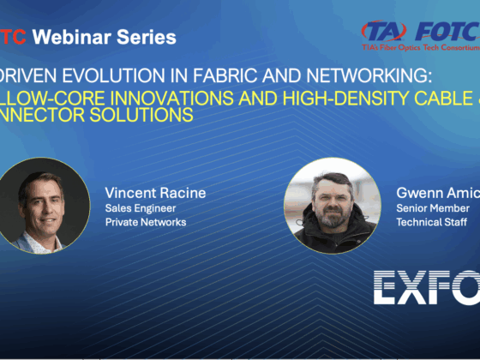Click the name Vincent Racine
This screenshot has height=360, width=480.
point(156,191)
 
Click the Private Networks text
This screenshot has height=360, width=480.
point(146,222)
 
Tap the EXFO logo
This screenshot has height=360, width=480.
point(425,286)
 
